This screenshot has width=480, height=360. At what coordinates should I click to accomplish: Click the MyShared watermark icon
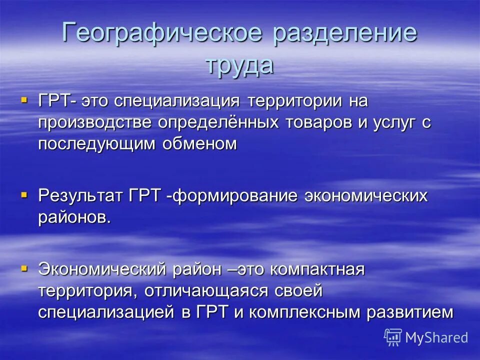coord(393,337)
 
